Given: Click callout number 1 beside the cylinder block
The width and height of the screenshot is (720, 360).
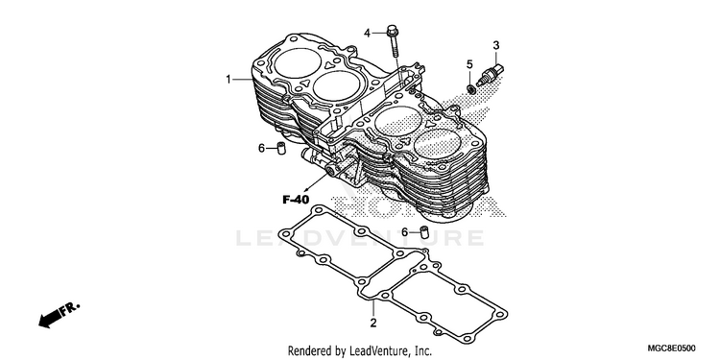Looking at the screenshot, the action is point(228,80).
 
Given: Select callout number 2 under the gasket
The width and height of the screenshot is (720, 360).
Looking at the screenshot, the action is point(373,323).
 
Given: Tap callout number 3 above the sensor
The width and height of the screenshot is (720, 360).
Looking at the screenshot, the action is point(496,45).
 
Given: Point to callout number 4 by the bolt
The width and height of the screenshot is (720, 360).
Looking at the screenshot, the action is point(367,33).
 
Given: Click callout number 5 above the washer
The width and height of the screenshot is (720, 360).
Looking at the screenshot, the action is point(469,64).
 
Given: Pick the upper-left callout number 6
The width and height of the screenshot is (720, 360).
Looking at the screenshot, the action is point(261,148).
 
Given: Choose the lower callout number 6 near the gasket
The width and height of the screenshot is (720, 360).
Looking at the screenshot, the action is point(404,232).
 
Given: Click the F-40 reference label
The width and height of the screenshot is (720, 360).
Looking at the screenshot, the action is point(296,200).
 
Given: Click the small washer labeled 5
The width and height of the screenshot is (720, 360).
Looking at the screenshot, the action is point(470,88).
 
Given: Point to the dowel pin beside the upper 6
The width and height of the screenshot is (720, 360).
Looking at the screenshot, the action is point(281,148).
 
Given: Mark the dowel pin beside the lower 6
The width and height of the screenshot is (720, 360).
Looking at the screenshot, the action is point(424,231).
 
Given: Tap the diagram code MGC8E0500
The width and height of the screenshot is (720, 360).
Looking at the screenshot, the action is point(671,348).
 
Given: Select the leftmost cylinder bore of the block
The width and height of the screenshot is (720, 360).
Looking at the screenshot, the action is point(298,63).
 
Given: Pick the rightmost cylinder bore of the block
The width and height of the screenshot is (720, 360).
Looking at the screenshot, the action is point(437,144).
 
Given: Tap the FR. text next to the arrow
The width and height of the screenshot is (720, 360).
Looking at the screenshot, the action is point(70,307).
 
